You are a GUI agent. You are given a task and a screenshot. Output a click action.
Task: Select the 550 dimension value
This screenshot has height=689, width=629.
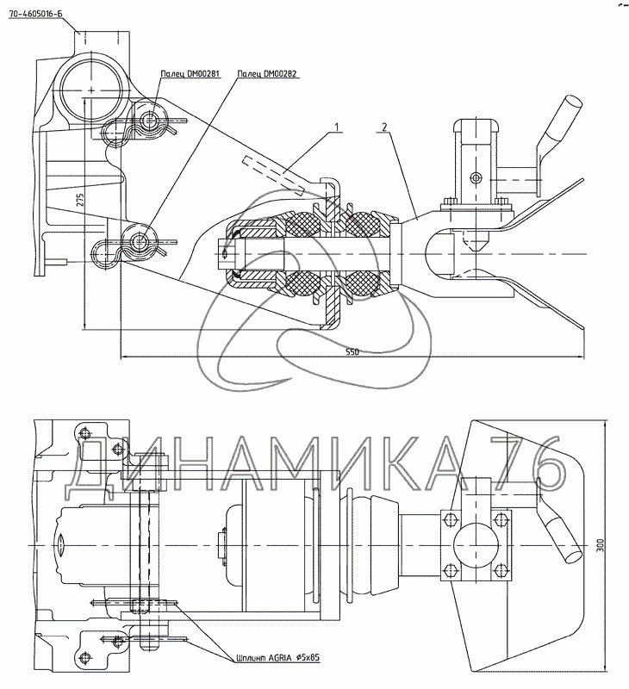tap(352, 352)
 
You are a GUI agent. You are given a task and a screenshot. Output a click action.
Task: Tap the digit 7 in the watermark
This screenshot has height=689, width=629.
tap(498, 470)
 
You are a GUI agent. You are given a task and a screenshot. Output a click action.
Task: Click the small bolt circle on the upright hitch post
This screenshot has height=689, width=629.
tap(473, 178)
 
